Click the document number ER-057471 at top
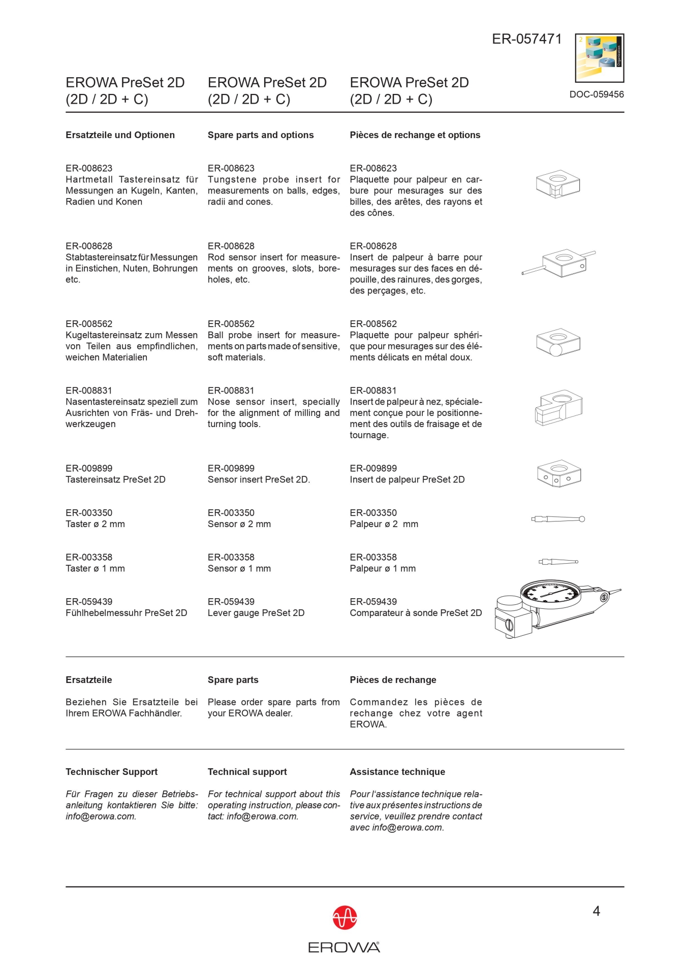pyautogui.click(x=526, y=39)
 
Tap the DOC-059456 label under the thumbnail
pyautogui.click(x=596, y=94)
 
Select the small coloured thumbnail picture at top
pyautogui.click(x=599, y=58)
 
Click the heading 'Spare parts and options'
pyautogui.click(x=260, y=135)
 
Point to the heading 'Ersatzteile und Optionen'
pyautogui.click(x=120, y=135)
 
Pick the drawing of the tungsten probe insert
pyautogui.click(x=557, y=183)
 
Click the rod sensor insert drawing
pyautogui.click(x=559, y=263)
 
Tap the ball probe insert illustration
pyautogui.click(x=558, y=342)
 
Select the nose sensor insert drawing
pyautogui.click(x=558, y=407)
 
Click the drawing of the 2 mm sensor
pyautogui.click(x=558, y=519)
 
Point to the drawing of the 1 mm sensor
pyautogui.click(x=558, y=562)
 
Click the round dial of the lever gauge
pyautogui.click(x=550, y=593)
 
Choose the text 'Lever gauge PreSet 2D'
pyautogui.click(x=256, y=613)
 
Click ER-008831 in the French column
pyautogui.click(x=373, y=391)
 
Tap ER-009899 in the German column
pyautogui.click(x=89, y=468)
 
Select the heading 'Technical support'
pyautogui.click(x=247, y=772)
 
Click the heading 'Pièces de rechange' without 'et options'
pyautogui.click(x=393, y=680)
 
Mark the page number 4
pyautogui.click(x=596, y=912)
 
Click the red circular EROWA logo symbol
pyautogui.click(x=344, y=918)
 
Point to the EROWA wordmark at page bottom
pyautogui.click(x=344, y=947)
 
